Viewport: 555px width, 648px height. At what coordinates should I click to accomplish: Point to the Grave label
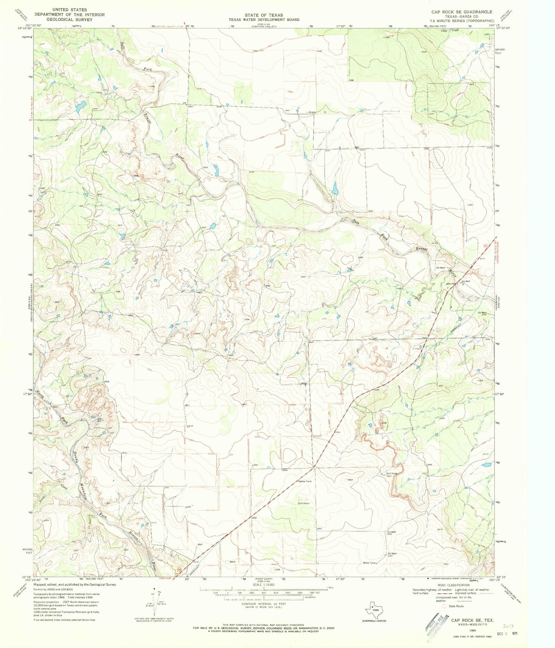(x=311, y=112)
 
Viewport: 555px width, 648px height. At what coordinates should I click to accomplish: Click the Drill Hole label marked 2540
(x=391, y=473)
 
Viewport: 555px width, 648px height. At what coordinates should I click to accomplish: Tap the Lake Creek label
(x=450, y=30)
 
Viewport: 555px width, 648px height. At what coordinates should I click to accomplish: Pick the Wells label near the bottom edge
(x=232, y=562)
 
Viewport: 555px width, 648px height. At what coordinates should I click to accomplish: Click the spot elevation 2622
(x=350, y=480)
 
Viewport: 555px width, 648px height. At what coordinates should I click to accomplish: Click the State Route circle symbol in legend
(x=445, y=607)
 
